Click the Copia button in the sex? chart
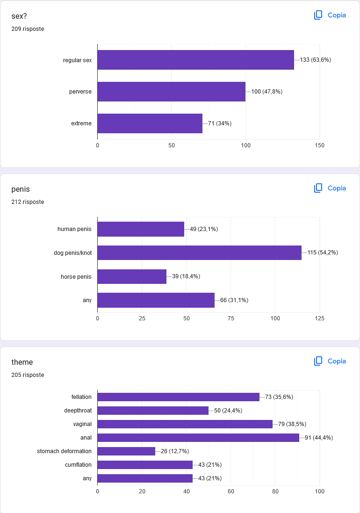330,15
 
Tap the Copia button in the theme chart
330,361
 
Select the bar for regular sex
195,60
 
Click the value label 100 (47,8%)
266,92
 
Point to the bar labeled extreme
150,123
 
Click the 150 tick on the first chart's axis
319,145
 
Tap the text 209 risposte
28,29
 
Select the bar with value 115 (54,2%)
199,253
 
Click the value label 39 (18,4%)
186,276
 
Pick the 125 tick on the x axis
319,318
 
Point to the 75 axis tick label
230,318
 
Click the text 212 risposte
28,202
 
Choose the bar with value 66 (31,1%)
156,300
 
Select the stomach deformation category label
64,451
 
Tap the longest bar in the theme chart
198,438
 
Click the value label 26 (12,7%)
175,451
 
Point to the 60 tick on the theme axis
230,491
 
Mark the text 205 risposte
28,375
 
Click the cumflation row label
78,465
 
